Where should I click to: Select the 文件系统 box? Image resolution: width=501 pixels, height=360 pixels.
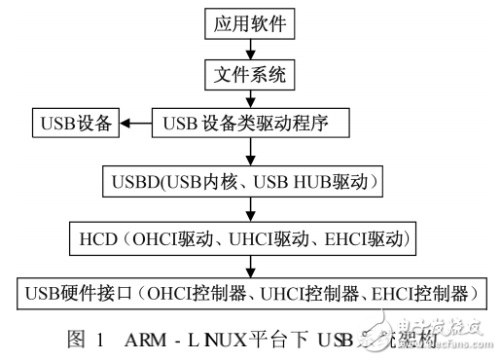point(253,73)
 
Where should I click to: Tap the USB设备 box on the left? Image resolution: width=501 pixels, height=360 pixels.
point(76,124)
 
